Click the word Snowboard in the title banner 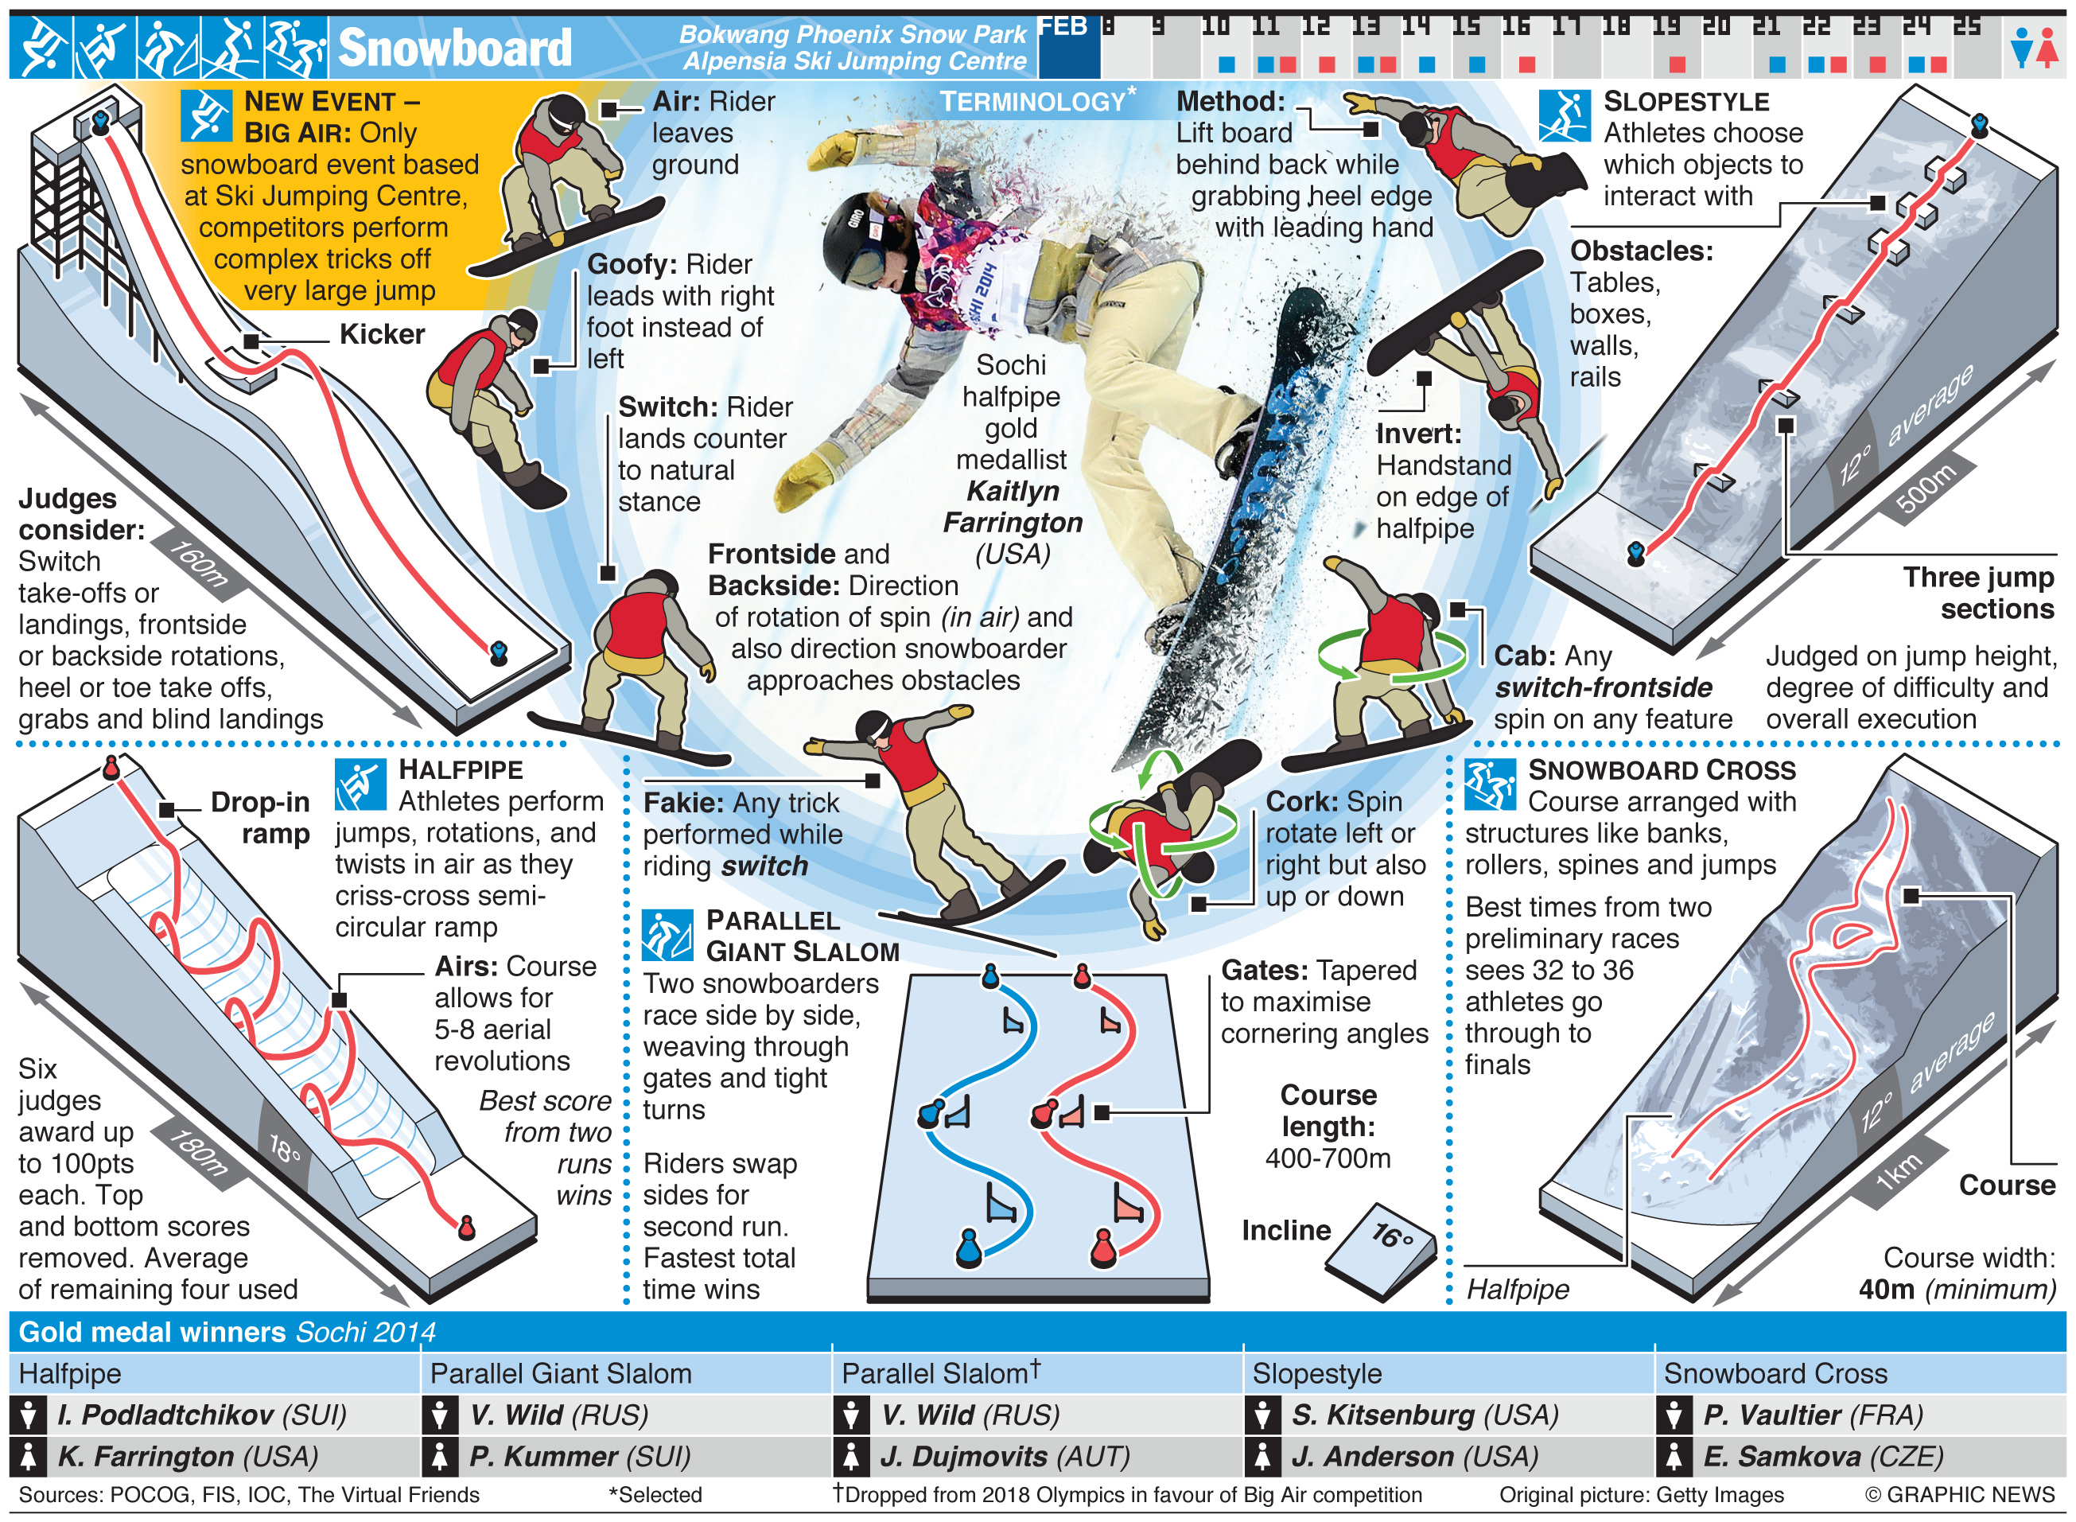point(454,47)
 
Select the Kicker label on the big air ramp point(381,333)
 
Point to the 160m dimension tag point(197,564)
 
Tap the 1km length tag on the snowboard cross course point(1899,1172)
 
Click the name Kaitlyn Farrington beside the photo point(1013,507)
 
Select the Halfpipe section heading point(461,769)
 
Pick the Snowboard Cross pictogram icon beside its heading point(1489,784)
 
